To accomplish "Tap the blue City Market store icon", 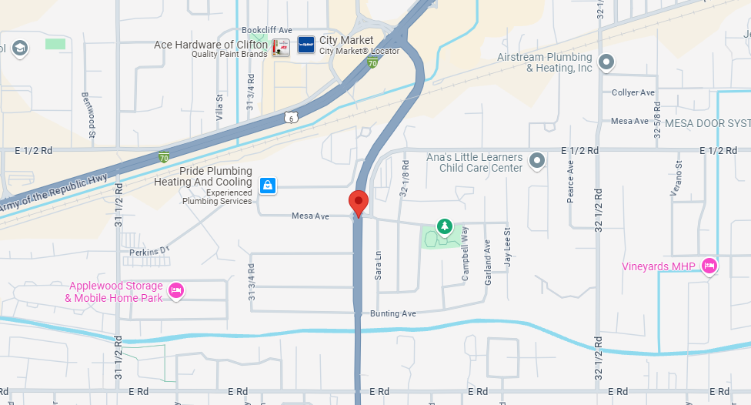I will click(306, 45).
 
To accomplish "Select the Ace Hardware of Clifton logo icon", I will click(281, 46).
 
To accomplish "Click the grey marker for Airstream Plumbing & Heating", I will click(606, 62).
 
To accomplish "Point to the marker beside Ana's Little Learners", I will click(537, 161).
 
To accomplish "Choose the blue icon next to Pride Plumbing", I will click(267, 186).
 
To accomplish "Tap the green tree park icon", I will click(444, 226).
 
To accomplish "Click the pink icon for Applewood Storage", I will click(176, 291).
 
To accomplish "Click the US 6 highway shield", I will click(289, 117).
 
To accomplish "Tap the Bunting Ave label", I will click(392, 314).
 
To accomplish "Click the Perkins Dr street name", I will click(149, 252).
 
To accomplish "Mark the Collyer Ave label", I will click(633, 93).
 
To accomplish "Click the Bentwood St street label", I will click(88, 115).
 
